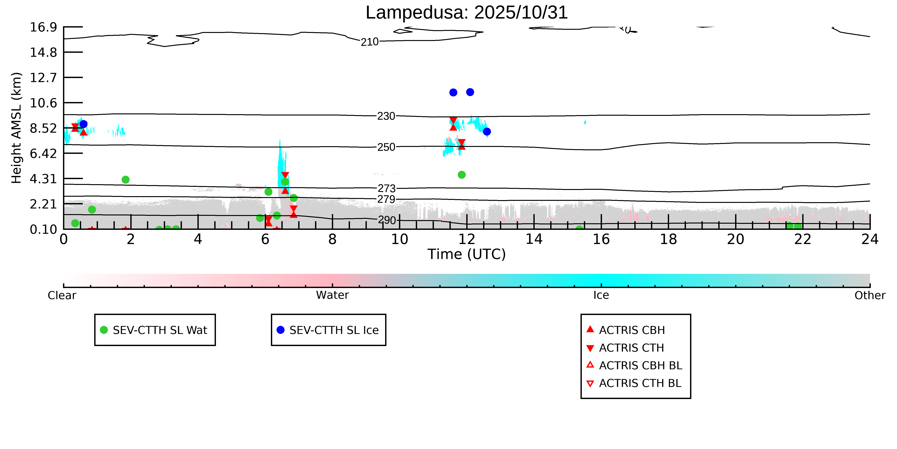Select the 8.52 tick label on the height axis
pyautogui.click(x=43, y=128)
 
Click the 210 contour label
pyautogui.click(x=369, y=42)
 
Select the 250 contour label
pyautogui.click(x=386, y=147)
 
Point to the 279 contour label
pyautogui.click(x=386, y=199)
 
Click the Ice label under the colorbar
pyautogui.click(x=601, y=295)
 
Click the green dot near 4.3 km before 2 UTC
pyautogui.click(x=126, y=179)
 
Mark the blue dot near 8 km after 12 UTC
pyautogui.click(x=487, y=131)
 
